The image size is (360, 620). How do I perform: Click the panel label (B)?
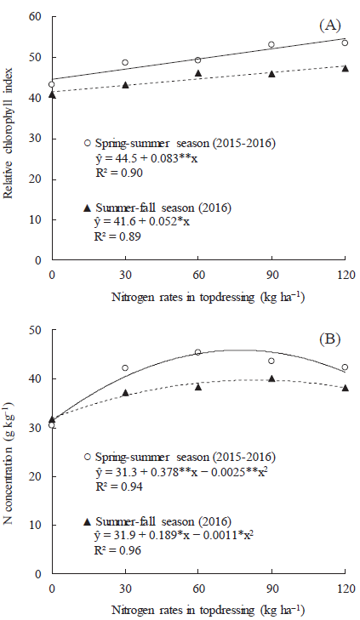point(329,339)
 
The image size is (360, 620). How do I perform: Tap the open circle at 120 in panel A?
point(345,43)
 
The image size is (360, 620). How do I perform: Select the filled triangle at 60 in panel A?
point(198,74)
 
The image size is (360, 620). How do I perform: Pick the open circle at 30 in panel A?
point(125,62)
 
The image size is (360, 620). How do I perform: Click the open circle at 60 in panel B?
point(198,352)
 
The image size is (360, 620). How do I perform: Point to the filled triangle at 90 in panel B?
point(271,378)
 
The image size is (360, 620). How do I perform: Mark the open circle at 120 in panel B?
point(345,367)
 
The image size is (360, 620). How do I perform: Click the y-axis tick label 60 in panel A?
point(36,16)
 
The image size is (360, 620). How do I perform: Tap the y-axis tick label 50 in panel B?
point(36,330)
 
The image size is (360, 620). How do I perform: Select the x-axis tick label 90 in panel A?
point(271,276)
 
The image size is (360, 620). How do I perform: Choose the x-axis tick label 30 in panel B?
point(125,589)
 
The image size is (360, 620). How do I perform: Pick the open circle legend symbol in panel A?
point(87,144)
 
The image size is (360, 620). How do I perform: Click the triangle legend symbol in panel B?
point(87,519)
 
